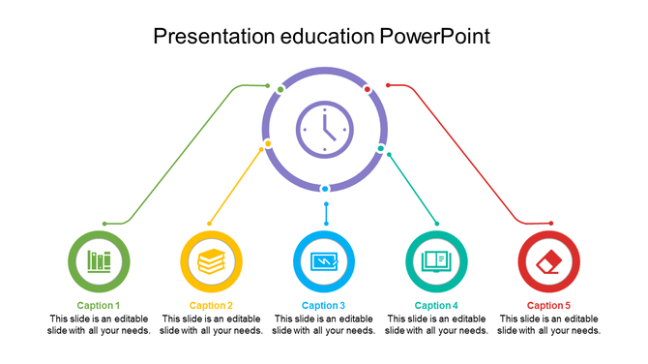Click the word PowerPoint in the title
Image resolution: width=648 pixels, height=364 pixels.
point(435,37)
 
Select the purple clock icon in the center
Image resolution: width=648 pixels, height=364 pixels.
point(324,129)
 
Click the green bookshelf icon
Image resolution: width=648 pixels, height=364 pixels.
point(100,261)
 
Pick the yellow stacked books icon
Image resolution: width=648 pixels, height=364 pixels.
point(212,261)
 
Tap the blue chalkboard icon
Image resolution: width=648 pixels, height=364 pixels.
point(324,261)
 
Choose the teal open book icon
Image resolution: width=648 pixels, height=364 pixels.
point(436,261)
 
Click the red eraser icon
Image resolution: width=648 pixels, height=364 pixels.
point(548,261)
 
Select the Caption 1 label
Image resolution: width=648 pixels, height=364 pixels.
point(99,306)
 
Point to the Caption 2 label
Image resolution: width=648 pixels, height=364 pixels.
point(211,306)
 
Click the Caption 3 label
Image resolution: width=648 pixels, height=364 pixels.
point(324,306)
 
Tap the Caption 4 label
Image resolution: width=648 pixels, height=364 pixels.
point(436,306)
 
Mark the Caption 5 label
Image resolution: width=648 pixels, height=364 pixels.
point(548,306)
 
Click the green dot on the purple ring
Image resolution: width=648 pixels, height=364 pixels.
point(280,90)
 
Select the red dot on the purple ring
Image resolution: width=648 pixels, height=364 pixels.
point(368,89)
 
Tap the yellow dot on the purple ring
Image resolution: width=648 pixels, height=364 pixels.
point(268,144)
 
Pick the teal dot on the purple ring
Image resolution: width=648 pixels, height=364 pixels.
point(381,148)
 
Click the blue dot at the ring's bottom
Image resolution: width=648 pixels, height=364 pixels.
point(325,188)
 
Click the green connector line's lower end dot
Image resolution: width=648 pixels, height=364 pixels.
point(104,224)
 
